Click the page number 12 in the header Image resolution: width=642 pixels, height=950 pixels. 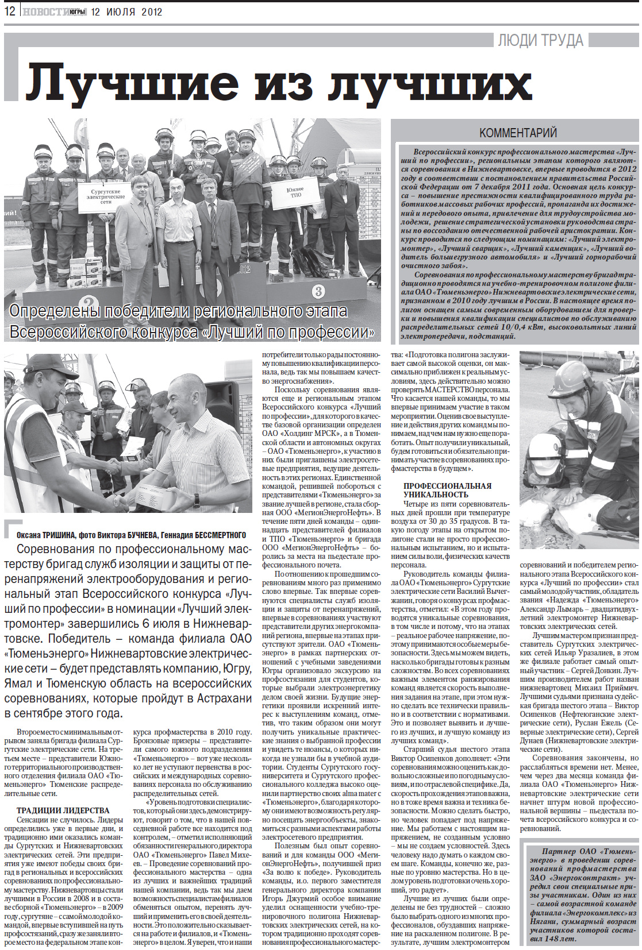coord(10,10)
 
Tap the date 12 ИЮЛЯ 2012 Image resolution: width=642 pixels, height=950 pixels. coord(126,11)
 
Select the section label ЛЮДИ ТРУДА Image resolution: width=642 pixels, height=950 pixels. coord(540,40)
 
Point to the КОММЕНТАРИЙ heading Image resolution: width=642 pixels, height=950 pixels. coord(518,133)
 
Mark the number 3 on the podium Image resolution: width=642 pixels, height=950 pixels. coord(318,291)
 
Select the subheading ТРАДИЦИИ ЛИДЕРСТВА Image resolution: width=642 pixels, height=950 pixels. coord(63,810)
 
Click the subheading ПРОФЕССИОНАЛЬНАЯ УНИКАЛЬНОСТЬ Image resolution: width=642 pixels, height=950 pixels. coord(447,489)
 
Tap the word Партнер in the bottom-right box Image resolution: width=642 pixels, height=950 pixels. coord(558,851)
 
